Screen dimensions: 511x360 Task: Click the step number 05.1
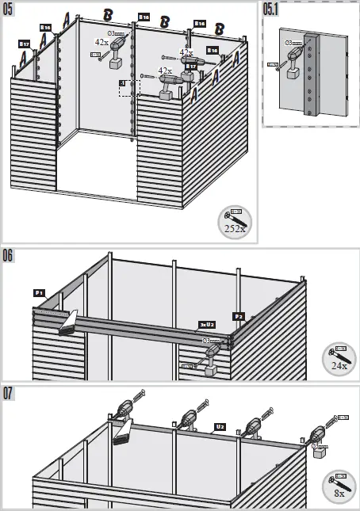[273, 9]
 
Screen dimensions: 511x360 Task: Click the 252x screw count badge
[234, 222]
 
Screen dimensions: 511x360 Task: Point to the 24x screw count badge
[339, 360]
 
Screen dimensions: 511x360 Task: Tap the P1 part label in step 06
[38, 292]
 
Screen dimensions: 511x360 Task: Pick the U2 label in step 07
[220, 426]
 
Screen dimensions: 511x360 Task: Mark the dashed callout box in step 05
[128, 87]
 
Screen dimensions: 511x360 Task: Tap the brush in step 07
[124, 434]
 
